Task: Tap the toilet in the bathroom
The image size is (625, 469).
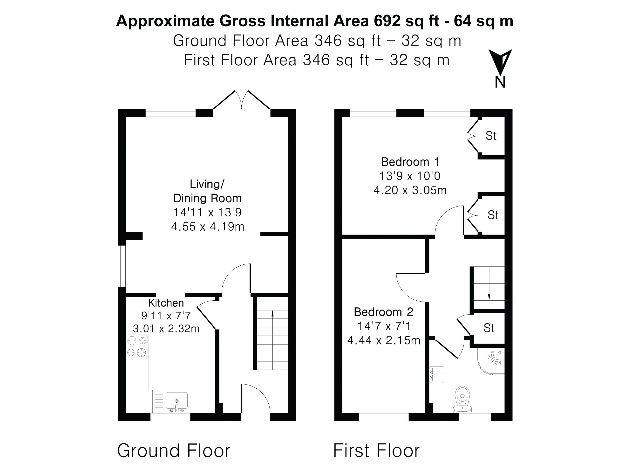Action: pos(462,399)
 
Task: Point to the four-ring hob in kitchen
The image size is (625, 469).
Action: pos(137,347)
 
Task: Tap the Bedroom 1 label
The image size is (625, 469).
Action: pos(410,162)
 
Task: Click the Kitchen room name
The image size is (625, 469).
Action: pos(166,303)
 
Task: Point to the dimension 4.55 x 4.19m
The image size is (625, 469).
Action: pos(207,227)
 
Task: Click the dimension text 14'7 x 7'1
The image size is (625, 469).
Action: pos(384,326)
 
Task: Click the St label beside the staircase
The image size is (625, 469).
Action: pos(489,328)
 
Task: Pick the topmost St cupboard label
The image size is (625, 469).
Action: pos(491,136)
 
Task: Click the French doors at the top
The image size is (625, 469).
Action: pos(242,100)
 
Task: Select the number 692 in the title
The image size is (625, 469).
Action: pos(387,21)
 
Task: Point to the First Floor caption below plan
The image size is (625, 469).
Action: pos(376,451)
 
